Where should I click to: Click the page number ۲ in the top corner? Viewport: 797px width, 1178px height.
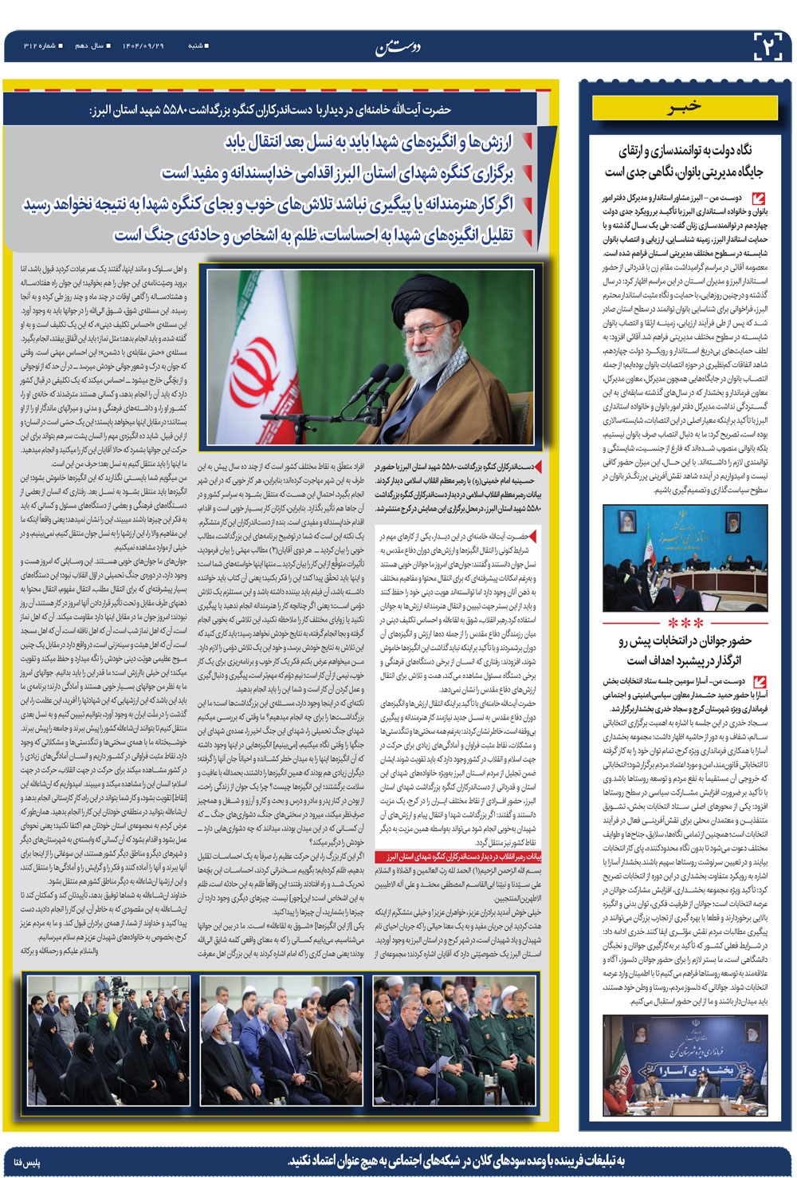pos(769,46)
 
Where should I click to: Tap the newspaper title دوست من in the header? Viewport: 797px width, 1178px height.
pos(398,47)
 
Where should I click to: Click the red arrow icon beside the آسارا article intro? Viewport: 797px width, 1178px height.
pos(759,682)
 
